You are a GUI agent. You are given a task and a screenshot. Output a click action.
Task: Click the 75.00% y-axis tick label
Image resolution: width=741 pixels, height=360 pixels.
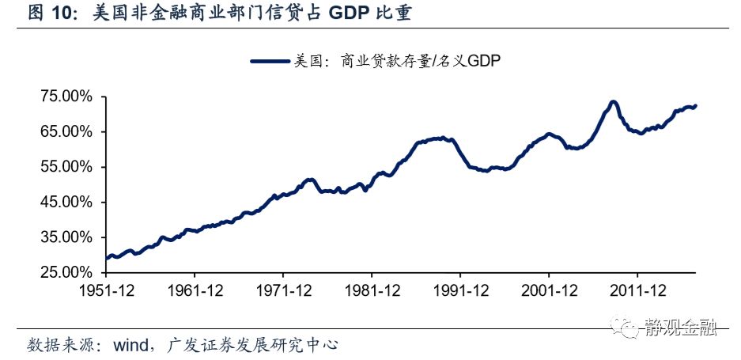coord(66,97)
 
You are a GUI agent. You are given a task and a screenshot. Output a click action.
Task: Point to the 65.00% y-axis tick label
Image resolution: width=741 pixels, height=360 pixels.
coord(66,131)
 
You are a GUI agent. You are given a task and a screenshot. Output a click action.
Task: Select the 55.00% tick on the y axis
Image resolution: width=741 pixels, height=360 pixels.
coord(66,167)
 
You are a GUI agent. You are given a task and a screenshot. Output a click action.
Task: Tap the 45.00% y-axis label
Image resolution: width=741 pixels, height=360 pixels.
coord(66,202)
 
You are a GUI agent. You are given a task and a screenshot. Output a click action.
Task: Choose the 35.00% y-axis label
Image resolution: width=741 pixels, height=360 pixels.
coord(66,237)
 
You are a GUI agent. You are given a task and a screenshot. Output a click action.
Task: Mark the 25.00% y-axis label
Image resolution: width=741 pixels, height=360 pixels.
coord(66,272)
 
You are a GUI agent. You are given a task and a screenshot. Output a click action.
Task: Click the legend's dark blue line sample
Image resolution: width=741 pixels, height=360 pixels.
coord(270,60)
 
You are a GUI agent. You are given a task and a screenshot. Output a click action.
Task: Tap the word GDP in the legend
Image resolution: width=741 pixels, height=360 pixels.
coord(485,60)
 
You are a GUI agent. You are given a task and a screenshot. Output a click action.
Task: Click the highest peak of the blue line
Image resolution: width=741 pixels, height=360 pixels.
coord(613,102)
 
